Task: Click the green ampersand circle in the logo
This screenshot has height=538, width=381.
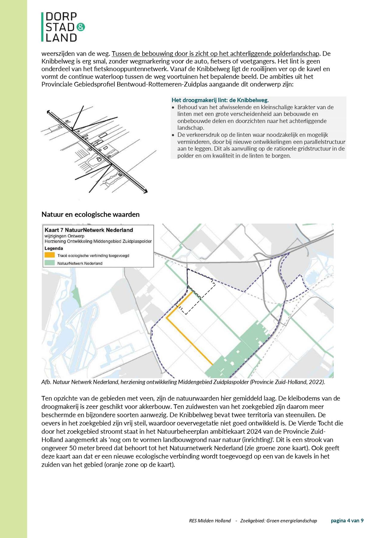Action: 81,27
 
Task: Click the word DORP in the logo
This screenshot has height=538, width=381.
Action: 61,17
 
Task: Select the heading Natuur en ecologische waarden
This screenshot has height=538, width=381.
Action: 90,214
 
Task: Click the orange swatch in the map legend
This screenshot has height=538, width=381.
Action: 50,255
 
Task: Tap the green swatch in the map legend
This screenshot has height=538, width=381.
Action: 50,263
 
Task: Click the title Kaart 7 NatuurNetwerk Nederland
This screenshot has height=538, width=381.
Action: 89,230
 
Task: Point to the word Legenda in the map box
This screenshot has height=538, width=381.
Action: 54,248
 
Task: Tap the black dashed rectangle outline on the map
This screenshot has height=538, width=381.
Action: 202,297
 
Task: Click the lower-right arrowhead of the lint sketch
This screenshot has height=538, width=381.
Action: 146,192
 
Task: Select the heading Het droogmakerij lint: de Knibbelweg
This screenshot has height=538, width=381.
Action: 220,100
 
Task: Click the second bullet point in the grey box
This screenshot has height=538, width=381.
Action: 174,135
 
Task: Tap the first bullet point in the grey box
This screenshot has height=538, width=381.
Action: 174,107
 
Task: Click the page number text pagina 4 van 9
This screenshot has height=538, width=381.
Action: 347,520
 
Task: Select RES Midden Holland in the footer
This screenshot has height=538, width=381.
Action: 210,521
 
